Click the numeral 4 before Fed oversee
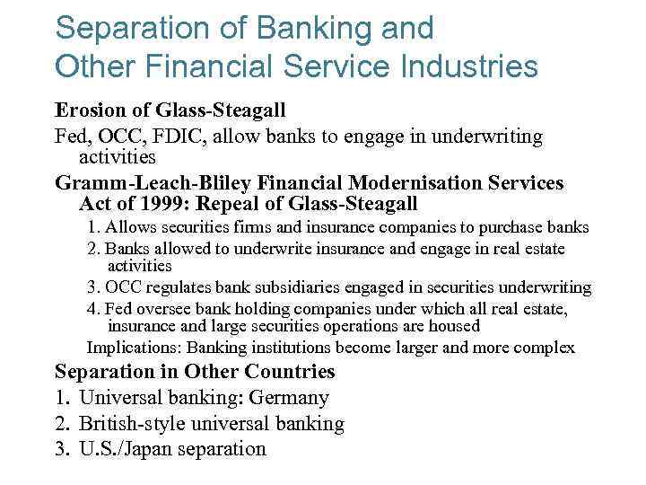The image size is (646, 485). tap(91, 309)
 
